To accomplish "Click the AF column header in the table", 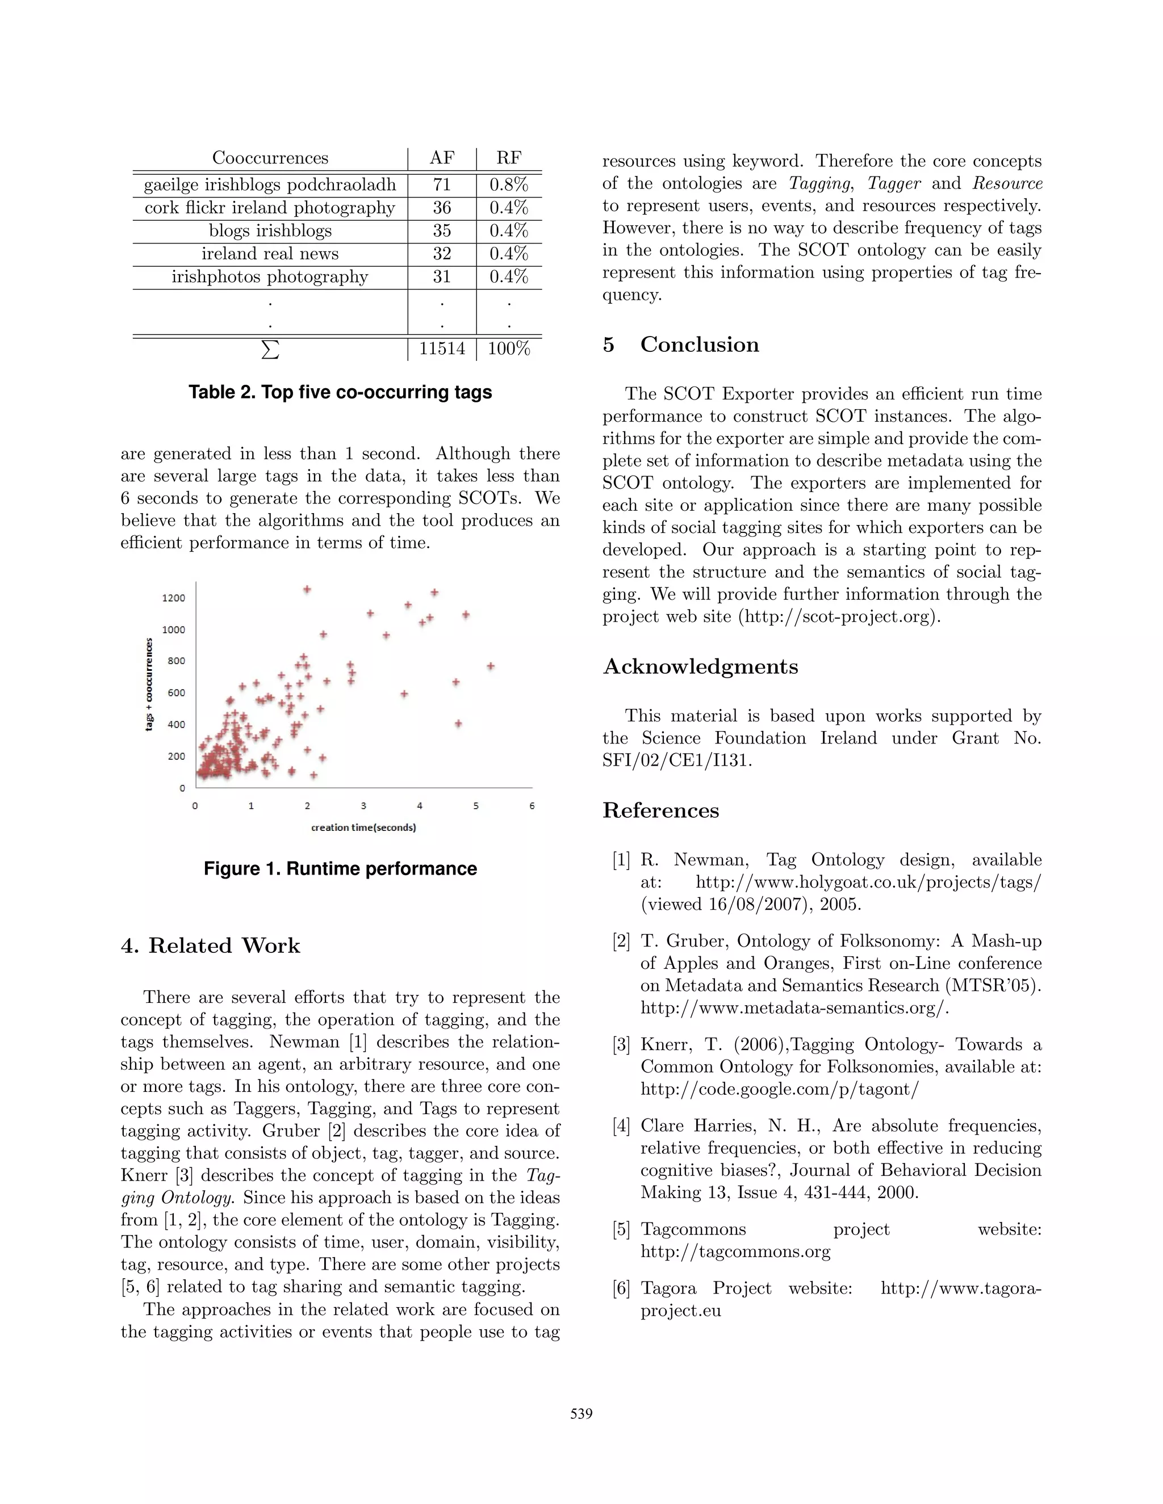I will pyautogui.click(x=442, y=158).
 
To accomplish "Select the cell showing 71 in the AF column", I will pyautogui.click(x=442, y=184).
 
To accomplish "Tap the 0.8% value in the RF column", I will pyautogui.click(x=508, y=184).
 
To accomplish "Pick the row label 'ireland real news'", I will pyautogui.click(x=270, y=254).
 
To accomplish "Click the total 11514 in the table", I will pyautogui.click(x=442, y=348).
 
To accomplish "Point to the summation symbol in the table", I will pyautogui.click(x=271, y=349).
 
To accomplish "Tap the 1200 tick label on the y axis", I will pyautogui.click(x=174, y=598).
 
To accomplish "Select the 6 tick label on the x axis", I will pyautogui.click(x=532, y=806).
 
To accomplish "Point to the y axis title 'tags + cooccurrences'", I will pyautogui.click(x=149, y=684).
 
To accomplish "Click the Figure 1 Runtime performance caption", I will pyautogui.click(x=340, y=868).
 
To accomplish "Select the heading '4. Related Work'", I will pyautogui.click(x=211, y=946).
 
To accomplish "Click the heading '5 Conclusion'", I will pyautogui.click(x=681, y=345).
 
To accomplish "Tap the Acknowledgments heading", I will pyautogui.click(x=700, y=667).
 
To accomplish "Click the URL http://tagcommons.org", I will pyautogui.click(x=735, y=1251).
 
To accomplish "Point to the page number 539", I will pyautogui.click(x=581, y=1414).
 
